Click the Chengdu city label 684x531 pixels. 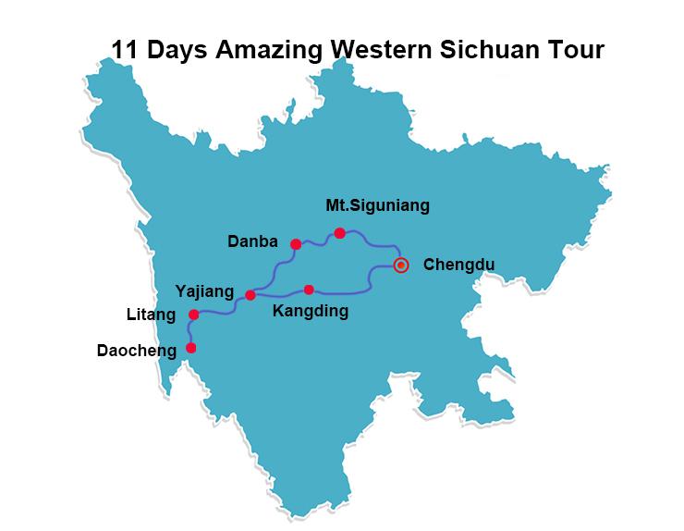[x=458, y=265]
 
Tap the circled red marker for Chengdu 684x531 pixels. [x=400, y=265]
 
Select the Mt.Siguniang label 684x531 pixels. [x=378, y=205]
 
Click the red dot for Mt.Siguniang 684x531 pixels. [x=340, y=233]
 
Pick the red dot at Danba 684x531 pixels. [x=296, y=244]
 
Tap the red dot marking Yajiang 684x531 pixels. [x=250, y=295]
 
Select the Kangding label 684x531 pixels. [x=311, y=312]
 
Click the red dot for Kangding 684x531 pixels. [x=309, y=290]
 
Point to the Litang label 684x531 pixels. [x=151, y=315]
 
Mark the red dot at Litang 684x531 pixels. [x=193, y=315]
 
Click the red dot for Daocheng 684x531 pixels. [x=191, y=348]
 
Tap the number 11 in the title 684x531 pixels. [x=124, y=48]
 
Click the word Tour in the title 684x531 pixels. [x=579, y=48]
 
